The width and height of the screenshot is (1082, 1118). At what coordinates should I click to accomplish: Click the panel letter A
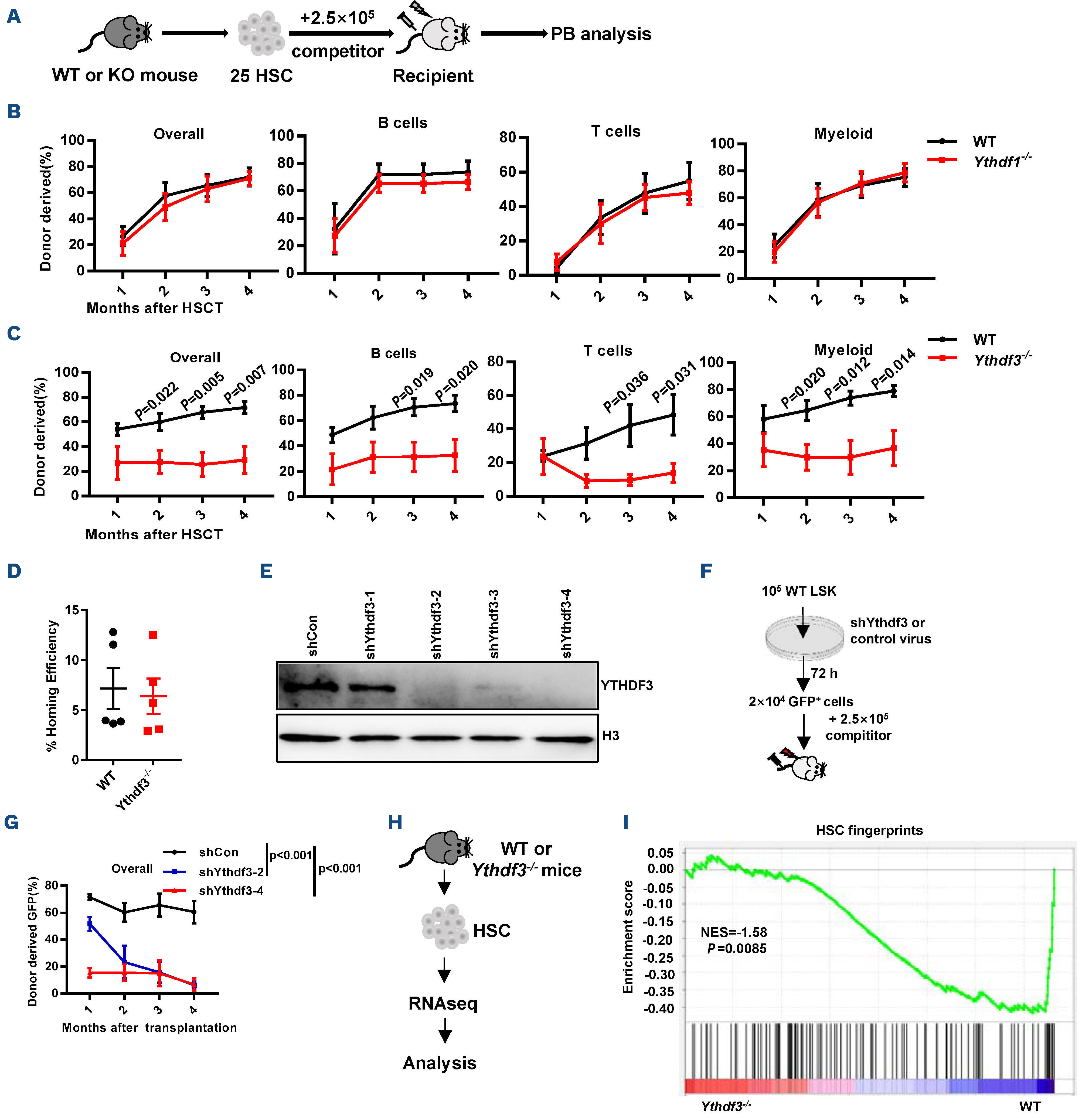click(14, 16)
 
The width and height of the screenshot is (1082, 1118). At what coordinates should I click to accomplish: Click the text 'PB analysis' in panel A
click(601, 34)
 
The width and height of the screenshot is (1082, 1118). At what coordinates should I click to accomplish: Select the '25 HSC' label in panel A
click(261, 76)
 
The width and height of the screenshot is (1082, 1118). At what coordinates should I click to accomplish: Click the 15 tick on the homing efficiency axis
click(72, 610)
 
